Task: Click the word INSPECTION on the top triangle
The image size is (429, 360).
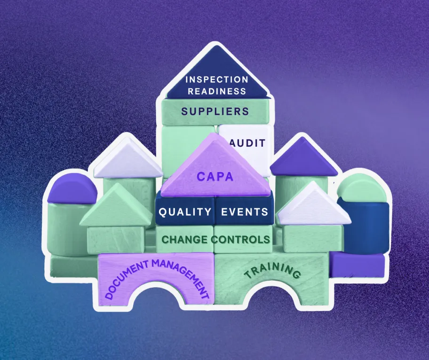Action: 216,79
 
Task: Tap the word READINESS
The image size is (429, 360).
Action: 216,91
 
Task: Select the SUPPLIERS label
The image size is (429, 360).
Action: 215,111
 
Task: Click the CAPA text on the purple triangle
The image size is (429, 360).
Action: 215,177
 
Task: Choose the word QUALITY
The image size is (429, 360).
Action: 185,211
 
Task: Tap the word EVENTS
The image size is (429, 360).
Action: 245,211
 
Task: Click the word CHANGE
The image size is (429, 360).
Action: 185,239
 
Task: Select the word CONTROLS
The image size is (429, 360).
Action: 241,239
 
